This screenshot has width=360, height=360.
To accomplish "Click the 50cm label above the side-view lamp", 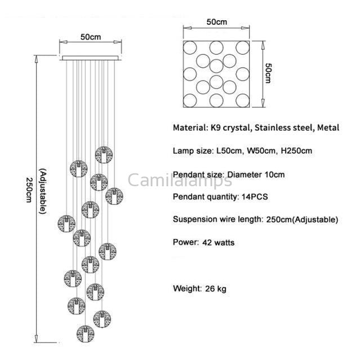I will pos(90,37).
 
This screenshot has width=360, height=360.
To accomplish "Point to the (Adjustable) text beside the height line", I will pos(42,192).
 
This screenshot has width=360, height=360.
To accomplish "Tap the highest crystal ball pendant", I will pos(103,154).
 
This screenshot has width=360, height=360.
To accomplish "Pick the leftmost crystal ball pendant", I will pos(66,222).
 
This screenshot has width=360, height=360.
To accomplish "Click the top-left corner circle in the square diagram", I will pos(191,46).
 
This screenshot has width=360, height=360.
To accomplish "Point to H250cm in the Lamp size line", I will pos(294,151).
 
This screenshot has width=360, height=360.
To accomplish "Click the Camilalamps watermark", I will pos(179,180).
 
